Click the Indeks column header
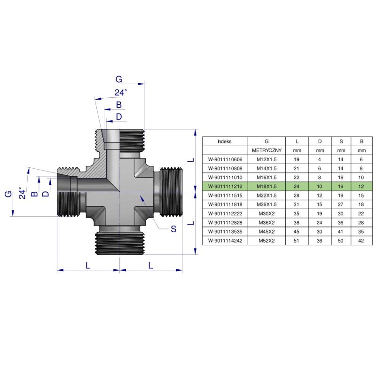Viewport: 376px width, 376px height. coord(225,141)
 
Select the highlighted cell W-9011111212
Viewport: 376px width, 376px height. coord(225,186)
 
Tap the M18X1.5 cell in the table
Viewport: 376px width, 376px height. coord(266,186)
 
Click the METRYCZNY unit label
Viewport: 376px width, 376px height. coord(266,150)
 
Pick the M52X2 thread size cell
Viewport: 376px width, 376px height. coord(266,240)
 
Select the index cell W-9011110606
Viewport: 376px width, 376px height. coord(225,159)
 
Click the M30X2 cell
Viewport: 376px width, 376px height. coord(266,213)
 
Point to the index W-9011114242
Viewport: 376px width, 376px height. coord(225,240)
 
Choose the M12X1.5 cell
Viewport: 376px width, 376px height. coord(266,159)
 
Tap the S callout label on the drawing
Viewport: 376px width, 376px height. coord(173,229)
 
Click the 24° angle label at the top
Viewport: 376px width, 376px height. coord(121,93)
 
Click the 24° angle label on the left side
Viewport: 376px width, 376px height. coord(20,193)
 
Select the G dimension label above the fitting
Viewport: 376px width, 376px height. coord(119,79)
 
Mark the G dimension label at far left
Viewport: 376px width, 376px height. coord(8,194)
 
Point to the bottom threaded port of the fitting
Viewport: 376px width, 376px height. coord(119,242)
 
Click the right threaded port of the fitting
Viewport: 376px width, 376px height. coord(171,192)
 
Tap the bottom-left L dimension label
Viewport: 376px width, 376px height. coord(88,265)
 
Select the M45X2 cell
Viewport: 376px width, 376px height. coord(266,231)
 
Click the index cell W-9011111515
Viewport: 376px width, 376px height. coord(225,195)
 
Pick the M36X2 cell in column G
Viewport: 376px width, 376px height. coord(266,222)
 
